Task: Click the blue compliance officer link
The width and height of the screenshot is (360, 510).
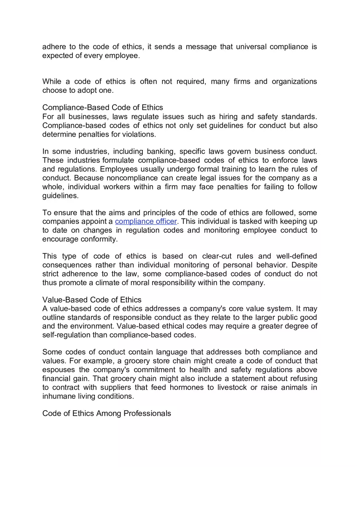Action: coord(146,221)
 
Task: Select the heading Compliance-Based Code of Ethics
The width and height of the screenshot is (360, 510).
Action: coord(103,108)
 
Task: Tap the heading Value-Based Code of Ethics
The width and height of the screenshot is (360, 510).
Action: coord(92,300)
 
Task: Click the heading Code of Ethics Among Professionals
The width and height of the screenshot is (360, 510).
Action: coord(107,413)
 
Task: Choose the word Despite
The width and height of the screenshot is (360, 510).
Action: coord(304,265)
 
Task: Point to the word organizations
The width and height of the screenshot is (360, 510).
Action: coord(294,81)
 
